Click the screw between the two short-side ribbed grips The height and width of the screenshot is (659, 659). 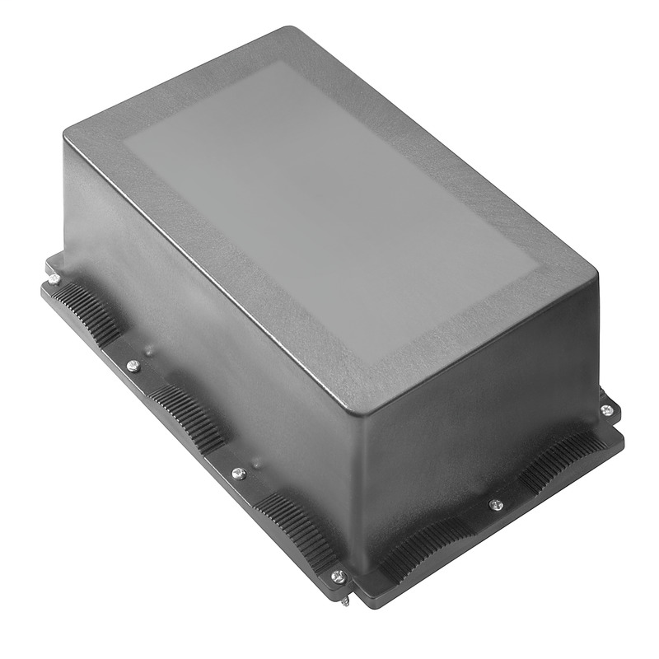[495, 504]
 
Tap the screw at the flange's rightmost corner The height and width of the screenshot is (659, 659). [607, 409]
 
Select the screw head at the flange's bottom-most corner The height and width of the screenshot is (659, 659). [337, 577]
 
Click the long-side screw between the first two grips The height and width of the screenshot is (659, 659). [133, 366]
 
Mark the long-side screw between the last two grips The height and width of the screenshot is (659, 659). [238, 474]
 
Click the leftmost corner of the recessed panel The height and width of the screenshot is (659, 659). [125, 147]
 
